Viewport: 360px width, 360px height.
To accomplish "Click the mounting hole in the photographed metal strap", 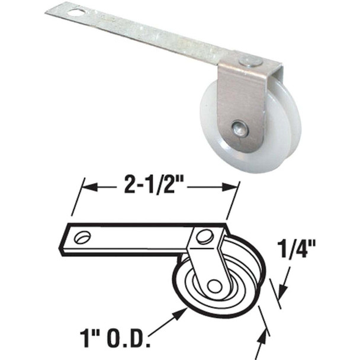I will coord(76,10).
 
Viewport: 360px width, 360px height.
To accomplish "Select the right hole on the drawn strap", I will coord(204,237).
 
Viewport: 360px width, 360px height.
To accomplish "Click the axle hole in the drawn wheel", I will coord(215,286).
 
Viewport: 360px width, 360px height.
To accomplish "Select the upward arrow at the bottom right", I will coord(261,336).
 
